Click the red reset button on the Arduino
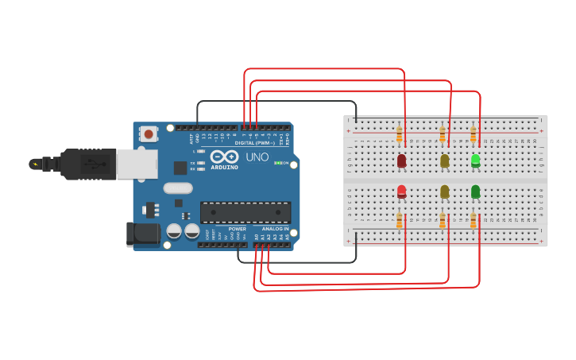[149, 134]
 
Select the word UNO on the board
[257, 157]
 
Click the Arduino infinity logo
[224, 156]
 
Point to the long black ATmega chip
[245, 212]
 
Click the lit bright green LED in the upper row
[475, 160]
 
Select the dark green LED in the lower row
[475, 192]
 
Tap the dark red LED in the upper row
[401, 161]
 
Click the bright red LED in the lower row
[401, 192]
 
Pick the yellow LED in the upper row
[444, 161]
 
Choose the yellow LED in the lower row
[444, 192]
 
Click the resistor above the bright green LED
[474, 134]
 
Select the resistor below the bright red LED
[400, 220]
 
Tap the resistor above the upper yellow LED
[443, 134]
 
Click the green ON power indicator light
[276, 163]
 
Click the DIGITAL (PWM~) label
[254, 143]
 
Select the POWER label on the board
[237, 229]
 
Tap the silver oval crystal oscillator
[178, 188]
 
